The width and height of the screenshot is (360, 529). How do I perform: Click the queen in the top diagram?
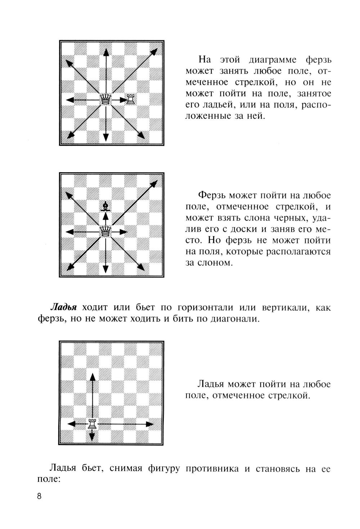(x=105, y=99)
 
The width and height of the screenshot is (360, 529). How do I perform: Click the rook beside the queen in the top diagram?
(x=131, y=99)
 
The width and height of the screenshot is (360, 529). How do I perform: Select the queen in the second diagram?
(x=105, y=230)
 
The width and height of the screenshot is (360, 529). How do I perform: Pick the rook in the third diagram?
(x=93, y=424)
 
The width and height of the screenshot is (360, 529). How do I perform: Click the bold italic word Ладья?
(x=64, y=308)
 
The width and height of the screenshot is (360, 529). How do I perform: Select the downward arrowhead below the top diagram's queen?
(x=105, y=136)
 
